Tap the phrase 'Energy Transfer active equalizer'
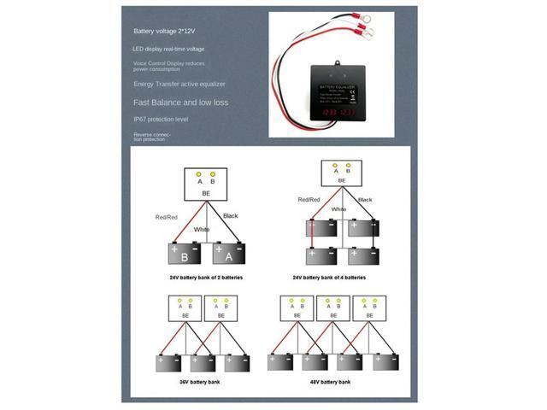click(179, 84)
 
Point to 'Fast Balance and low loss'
click(180, 102)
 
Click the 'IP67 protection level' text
click(162, 120)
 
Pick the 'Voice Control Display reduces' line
click(168, 63)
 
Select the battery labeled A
click(228, 254)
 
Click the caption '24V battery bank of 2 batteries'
click(206, 278)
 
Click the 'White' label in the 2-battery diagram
click(202, 229)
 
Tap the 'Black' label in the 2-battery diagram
click(231, 216)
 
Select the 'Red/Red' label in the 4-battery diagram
click(309, 200)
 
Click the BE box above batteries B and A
click(205, 184)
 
